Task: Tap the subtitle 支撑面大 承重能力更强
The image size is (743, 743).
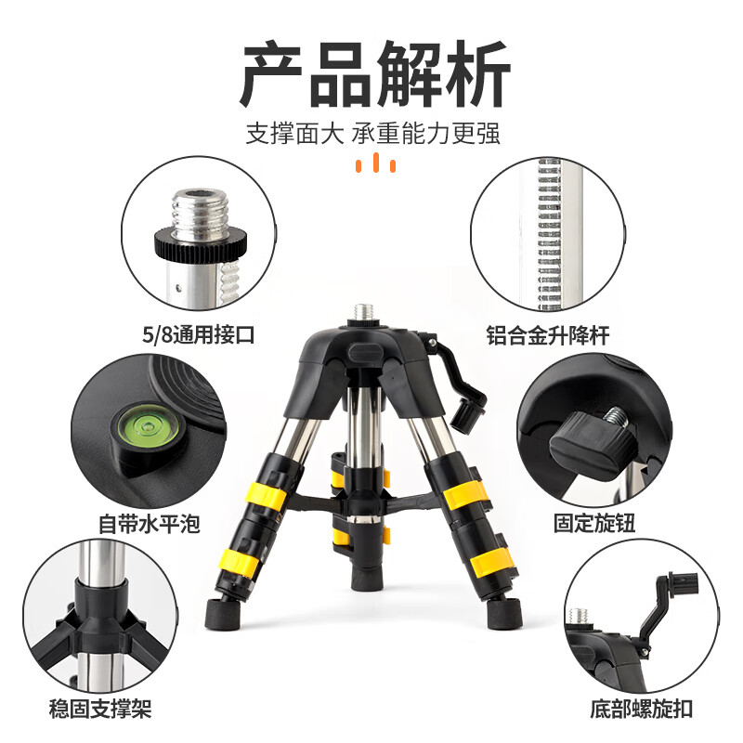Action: pos(372,133)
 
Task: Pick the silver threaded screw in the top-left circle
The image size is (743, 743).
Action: pos(199,208)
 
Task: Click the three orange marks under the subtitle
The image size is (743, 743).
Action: pos(376,165)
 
